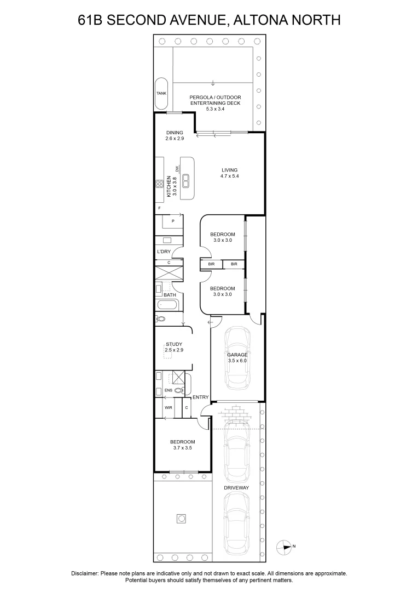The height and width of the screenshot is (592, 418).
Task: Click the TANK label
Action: point(161,93)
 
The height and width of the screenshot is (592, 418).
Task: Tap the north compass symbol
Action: point(285,546)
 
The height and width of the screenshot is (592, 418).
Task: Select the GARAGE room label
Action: point(237,355)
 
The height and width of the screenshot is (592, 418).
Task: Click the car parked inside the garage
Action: point(237,357)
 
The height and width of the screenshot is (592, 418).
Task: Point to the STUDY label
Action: point(174,344)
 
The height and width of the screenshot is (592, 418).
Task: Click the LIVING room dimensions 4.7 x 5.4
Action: point(229,177)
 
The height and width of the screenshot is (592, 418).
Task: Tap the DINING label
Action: point(175,133)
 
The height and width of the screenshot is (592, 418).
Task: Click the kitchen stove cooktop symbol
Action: point(160,185)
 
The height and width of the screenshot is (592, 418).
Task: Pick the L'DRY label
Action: point(164,252)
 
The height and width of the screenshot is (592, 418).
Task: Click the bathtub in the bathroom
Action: point(166,306)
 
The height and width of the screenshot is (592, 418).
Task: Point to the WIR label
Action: point(168,408)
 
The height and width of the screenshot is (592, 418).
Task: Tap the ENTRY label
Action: point(200,397)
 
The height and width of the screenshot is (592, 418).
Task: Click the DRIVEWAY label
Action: point(236,487)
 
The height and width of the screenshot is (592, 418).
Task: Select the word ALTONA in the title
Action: point(259,20)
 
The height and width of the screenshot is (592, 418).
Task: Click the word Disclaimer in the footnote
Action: point(85,573)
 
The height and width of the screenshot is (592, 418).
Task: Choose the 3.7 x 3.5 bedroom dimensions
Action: point(182,448)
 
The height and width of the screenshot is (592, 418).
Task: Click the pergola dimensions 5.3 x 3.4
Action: point(215,109)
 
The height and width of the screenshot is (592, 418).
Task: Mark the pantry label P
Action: point(173,221)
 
